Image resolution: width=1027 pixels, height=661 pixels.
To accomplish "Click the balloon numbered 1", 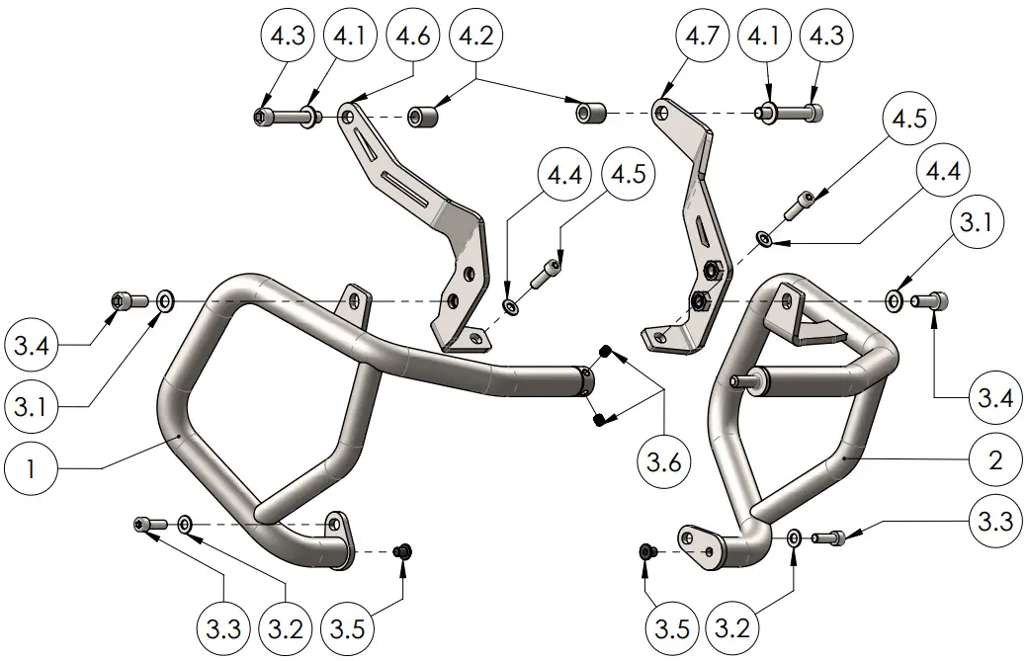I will click(31, 468).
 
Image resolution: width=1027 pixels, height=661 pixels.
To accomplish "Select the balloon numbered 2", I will click(994, 459).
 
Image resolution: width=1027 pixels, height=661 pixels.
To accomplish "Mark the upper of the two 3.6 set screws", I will click(608, 353).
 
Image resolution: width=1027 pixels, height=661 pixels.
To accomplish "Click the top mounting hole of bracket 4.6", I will click(347, 117).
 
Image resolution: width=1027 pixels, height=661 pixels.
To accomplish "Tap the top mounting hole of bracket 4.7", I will click(661, 113).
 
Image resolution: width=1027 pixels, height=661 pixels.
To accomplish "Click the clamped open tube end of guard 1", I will click(585, 381).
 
